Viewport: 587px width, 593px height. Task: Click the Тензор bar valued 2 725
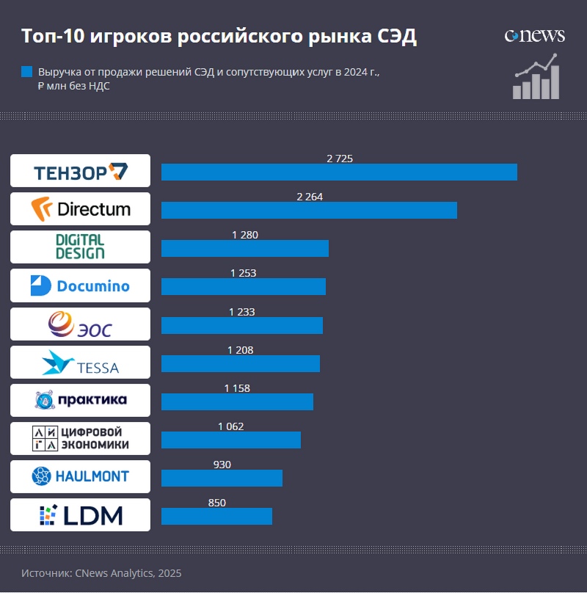(x=339, y=172)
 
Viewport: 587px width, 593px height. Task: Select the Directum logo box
(x=80, y=208)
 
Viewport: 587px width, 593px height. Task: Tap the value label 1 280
(x=245, y=235)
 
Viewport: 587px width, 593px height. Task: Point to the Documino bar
(x=243, y=286)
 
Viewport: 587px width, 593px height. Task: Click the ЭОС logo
(x=80, y=324)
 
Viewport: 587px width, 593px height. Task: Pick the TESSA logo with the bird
(x=80, y=362)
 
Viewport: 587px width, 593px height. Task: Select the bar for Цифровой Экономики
(x=230, y=440)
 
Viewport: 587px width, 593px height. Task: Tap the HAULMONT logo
(x=80, y=476)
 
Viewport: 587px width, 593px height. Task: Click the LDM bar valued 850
(x=216, y=516)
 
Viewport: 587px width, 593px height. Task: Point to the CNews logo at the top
(x=534, y=35)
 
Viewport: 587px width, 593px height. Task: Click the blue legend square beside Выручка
(x=27, y=72)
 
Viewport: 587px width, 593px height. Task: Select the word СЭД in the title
(x=396, y=37)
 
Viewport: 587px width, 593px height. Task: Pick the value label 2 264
(x=310, y=197)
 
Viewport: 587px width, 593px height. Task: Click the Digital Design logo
(x=80, y=247)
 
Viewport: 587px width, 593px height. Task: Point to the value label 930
(x=221, y=465)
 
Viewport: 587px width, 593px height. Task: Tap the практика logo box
(x=80, y=400)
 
